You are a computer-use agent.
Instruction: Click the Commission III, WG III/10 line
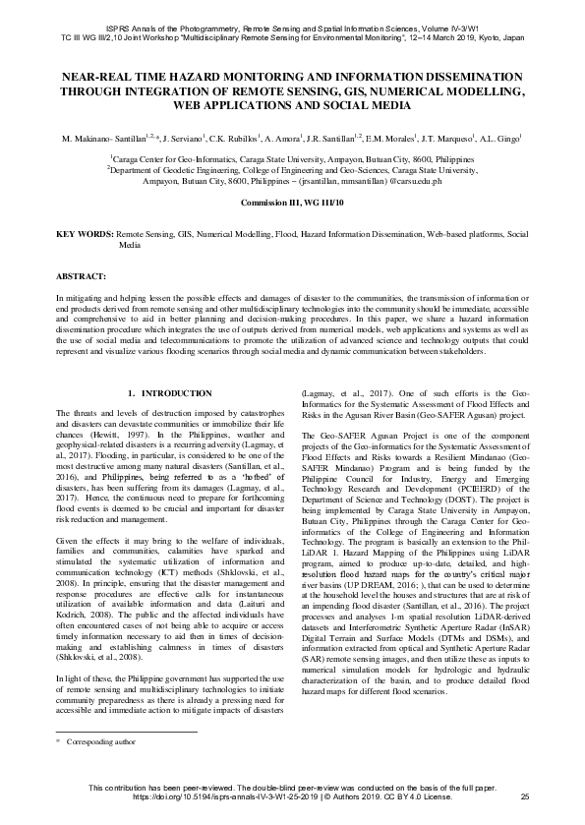pyautogui.click(x=291, y=202)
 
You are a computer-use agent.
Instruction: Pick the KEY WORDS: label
pyautogui.click(x=85, y=235)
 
